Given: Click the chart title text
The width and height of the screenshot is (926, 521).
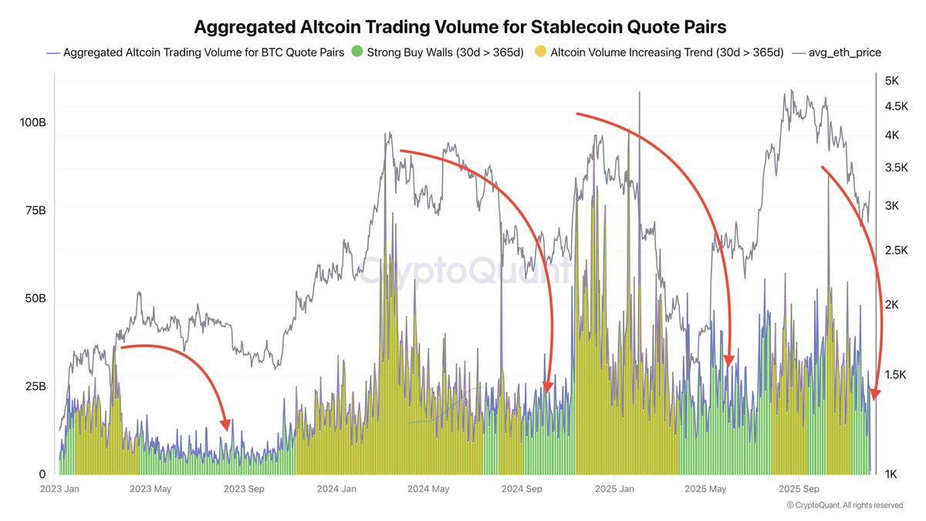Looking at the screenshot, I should [460, 26].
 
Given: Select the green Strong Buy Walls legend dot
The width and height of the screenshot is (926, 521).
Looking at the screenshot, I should [357, 52].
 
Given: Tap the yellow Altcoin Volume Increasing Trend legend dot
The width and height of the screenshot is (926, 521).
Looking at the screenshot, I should [540, 52].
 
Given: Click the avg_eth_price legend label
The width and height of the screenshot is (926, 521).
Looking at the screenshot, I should [844, 52].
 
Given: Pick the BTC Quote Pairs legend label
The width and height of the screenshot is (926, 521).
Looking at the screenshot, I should [204, 52].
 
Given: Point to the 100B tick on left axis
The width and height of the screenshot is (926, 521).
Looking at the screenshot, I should [32, 123].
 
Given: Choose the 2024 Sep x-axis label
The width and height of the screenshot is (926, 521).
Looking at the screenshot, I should [522, 489].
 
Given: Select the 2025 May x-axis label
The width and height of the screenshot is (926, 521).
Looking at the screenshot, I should [706, 489].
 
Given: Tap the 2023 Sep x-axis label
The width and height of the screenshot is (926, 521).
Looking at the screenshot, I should [244, 489].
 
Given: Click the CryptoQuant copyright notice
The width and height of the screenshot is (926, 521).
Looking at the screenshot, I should [845, 505].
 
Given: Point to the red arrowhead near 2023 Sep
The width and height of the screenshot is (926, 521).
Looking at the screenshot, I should [225, 425].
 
